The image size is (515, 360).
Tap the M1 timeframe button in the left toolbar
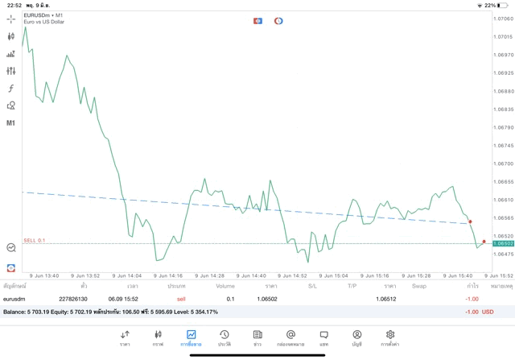click(x=11, y=123)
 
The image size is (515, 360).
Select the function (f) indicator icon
click(x=11, y=88)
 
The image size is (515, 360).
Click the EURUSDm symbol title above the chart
click(x=39, y=14)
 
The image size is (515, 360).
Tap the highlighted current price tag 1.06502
click(x=504, y=243)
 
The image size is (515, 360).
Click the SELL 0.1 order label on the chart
click(x=35, y=240)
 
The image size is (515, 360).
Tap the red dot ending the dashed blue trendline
click(x=470, y=221)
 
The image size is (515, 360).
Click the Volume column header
click(x=225, y=286)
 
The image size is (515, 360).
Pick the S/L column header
click(x=312, y=286)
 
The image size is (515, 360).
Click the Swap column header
click(x=419, y=286)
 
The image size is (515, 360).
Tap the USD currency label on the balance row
click(x=487, y=312)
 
